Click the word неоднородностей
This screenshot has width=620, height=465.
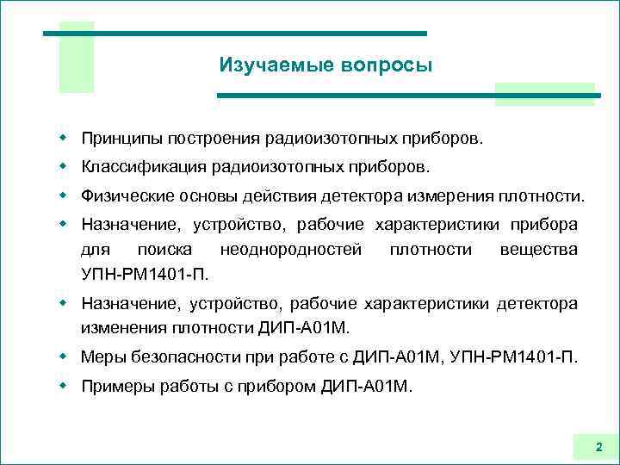click(291, 250)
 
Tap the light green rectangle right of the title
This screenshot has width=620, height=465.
click(543, 95)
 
